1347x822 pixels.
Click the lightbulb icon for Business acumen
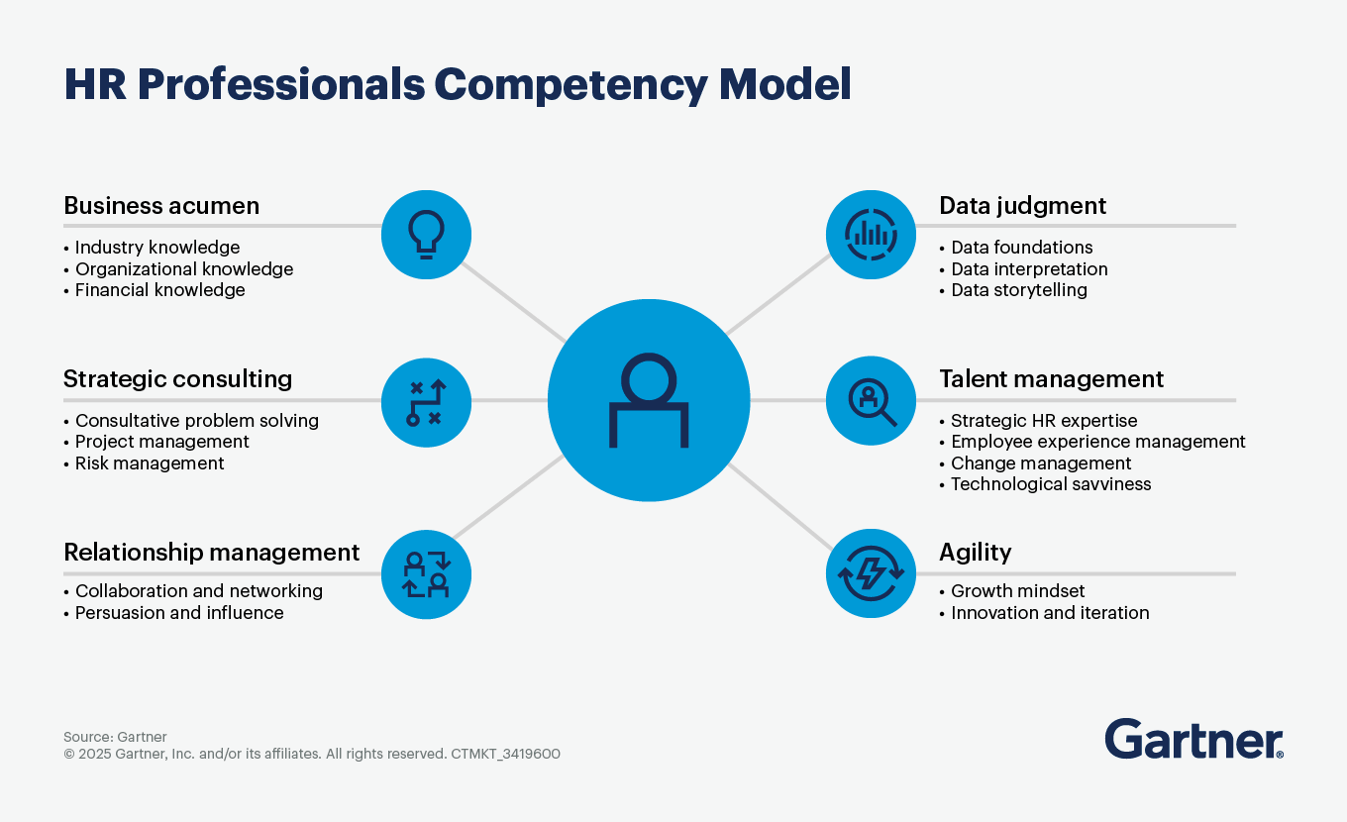pyautogui.click(x=426, y=236)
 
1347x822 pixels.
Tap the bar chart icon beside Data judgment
pyautogui.click(x=871, y=235)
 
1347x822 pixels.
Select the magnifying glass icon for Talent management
pyautogui.click(x=871, y=401)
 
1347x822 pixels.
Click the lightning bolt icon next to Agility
pyautogui.click(x=871, y=573)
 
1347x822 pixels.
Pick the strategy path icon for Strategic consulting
pyautogui.click(x=426, y=402)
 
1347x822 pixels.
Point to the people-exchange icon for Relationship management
pyautogui.click(x=426, y=573)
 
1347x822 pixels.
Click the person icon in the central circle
pyautogui.click(x=648, y=400)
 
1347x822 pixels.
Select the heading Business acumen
pyautogui.click(x=161, y=206)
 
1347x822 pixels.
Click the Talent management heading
pyautogui.click(x=1051, y=379)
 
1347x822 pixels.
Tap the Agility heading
pyautogui.click(x=975, y=552)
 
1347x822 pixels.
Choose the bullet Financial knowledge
pyautogui.click(x=159, y=290)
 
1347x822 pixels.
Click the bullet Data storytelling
pyautogui.click(x=1018, y=290)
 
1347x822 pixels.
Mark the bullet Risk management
pyautogui.click(x=150, y=463)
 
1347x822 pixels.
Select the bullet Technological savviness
pyautogui.click(x=1050, y=484)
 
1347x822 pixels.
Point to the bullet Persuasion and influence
pyautogui.click(x=179, y=613)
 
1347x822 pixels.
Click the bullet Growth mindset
pyautogui.click(x=1017, y=591)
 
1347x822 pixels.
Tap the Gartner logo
pyautogui.click(x=1193, y=740)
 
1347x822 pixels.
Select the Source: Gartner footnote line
pyautogui.click(x=115, y=737)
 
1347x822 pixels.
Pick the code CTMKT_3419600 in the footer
pyautogui.click(x=506, y=754)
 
